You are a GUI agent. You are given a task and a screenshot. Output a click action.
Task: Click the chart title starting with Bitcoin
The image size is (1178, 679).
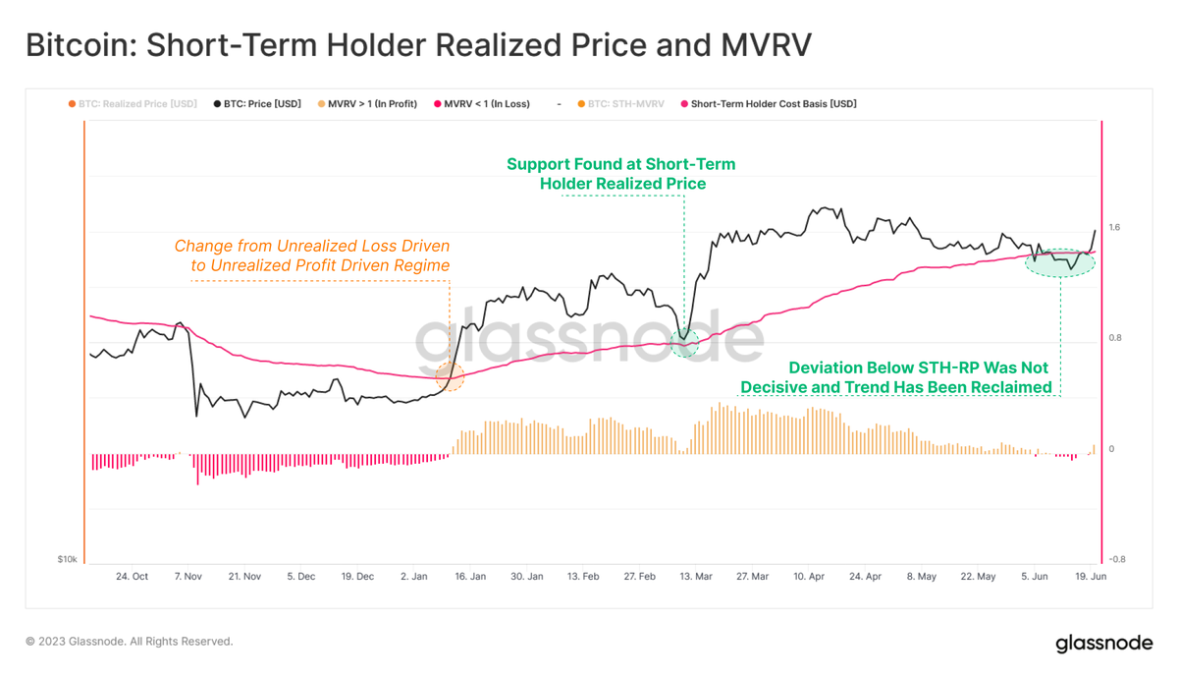(x=418, y=46)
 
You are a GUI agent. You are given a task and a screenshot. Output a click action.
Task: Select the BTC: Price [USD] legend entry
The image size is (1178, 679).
(x=257, y=103)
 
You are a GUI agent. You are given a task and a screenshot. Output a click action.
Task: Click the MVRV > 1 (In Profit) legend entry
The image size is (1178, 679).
(x=367, y=103)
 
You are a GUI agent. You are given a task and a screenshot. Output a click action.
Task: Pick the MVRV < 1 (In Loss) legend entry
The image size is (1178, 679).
(x=481, y=103)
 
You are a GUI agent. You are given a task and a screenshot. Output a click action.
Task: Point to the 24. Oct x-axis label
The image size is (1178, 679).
(x=132, y=577)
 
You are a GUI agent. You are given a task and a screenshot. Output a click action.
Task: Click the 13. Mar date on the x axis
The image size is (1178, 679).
(x=696, y=577)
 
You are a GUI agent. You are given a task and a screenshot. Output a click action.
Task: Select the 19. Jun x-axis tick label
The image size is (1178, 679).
(x=1091, y=577)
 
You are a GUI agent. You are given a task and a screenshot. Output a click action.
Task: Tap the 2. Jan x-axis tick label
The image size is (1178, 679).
(x=414, y=577)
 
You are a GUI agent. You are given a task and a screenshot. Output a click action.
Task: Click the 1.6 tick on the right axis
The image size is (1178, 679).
(x=1114, y=228)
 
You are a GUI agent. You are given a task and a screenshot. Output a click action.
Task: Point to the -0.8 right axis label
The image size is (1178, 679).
(x=1116, y=559)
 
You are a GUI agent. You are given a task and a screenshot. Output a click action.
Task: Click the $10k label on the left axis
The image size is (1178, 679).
(x=67, y=559)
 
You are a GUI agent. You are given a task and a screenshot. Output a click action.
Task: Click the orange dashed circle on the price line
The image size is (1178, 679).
(x=450, y=376)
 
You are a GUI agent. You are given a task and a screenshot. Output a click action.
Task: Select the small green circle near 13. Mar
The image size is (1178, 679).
(x=683, y=343)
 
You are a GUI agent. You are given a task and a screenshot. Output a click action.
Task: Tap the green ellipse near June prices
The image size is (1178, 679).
(x=1060, y=262)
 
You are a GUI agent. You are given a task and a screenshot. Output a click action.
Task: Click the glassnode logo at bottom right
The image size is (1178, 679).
(x=1103, y=644)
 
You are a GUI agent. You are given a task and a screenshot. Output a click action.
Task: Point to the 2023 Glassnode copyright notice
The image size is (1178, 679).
(x=129, y=642)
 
